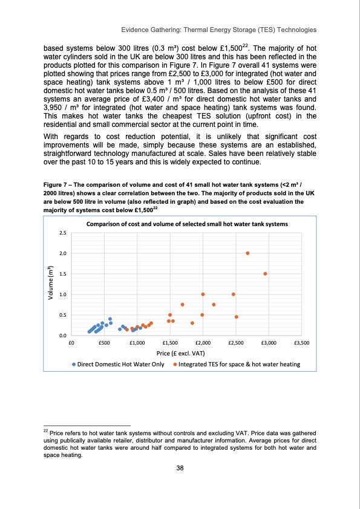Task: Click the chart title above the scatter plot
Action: coord(186,223)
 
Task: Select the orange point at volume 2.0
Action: coord(248,253)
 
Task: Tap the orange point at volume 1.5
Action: coord(266,274)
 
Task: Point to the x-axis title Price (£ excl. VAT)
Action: coord(186,353)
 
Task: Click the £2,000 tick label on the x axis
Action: coord(202,342)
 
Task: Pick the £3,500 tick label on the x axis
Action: coord(301,342)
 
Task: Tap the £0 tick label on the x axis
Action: coord(71,342)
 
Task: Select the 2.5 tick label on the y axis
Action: coord(62,233)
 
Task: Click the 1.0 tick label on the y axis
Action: coord(62,294)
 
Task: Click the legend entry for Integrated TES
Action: coord(236,365)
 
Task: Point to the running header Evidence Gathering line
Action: coord(219,29)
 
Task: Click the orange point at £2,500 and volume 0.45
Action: coord(237,317)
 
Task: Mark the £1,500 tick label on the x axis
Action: coord(169,342)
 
